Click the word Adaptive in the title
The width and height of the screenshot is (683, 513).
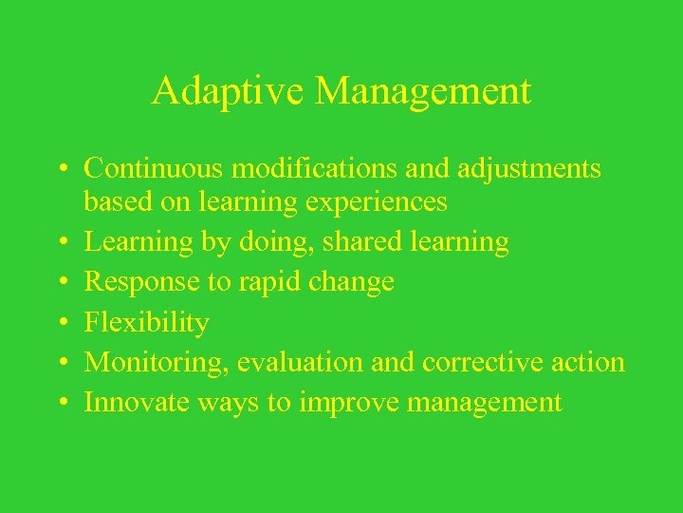(229, 91)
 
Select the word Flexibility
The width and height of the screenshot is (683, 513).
(146, 323)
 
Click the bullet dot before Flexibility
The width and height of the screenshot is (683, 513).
(62, 324)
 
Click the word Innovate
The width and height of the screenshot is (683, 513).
(138, 402)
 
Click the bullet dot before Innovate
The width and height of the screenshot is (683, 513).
(62, 404)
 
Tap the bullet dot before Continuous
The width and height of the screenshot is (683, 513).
(62, 170)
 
